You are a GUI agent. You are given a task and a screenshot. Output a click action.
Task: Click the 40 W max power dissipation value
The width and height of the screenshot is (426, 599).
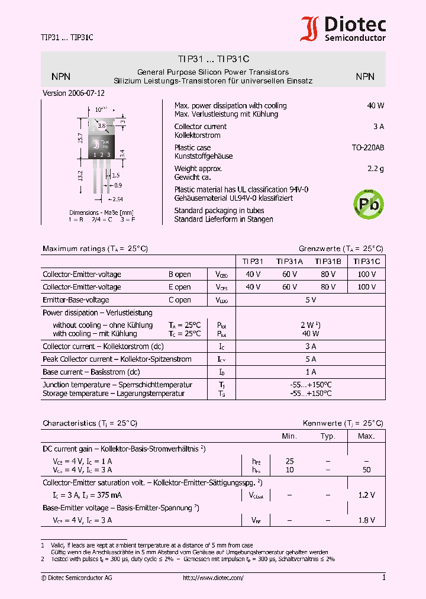click(x=375, y=105)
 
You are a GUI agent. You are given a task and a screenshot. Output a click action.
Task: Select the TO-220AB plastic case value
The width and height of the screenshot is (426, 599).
click(x=367, y=147)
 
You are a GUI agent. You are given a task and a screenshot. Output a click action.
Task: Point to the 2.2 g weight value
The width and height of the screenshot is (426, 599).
click(x=375, y=169)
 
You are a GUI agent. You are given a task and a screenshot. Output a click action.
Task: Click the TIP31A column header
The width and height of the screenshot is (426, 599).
click(x=289, y=260)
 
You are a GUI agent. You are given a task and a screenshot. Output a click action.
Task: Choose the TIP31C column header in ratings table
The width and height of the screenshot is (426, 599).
click(x=367, y=260)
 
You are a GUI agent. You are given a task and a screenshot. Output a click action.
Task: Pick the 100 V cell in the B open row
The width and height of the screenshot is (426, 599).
click(x=367, y=274)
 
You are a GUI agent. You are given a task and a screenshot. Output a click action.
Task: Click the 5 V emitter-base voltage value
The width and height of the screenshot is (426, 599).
click(x=310, y=300)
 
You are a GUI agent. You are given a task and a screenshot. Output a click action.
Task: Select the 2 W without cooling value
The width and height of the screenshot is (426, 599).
click(x=310, y=325)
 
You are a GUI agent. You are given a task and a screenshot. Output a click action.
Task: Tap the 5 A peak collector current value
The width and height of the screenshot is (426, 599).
click(x=310, y=359)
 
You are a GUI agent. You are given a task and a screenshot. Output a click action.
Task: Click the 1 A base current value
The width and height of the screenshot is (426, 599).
click(x=310, y=372)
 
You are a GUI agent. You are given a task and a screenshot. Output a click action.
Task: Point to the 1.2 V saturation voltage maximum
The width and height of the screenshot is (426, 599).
click(x=367, y=495)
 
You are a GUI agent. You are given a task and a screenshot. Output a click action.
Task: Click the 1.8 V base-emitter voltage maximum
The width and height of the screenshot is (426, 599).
click(x=367, y=520)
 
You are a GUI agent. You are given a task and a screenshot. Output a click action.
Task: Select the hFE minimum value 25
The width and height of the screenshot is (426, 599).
click(x=289, y=460)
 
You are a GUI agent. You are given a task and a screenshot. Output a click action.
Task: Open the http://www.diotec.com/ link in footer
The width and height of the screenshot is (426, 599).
click(x=213, y=578)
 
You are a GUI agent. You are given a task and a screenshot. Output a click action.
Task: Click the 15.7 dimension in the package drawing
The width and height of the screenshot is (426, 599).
click(x=80, y=138)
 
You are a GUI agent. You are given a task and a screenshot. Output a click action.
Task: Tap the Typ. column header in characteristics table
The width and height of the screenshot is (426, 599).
click(x=327, y=436)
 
